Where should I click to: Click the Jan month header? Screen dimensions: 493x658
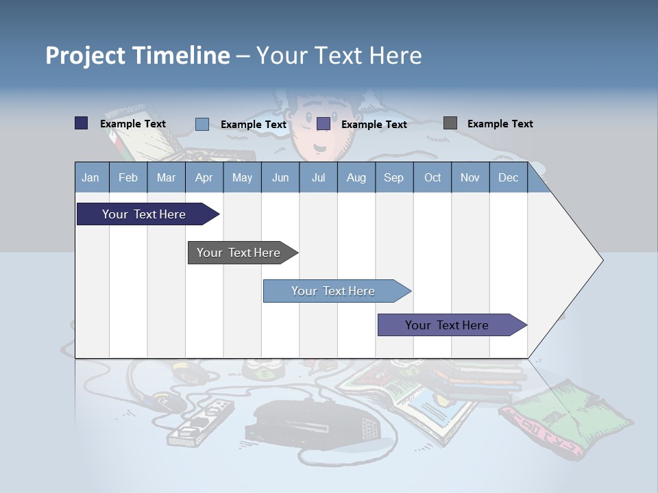[90, 177]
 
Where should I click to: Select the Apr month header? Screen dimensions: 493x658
[204, 177]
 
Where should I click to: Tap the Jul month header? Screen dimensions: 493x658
[318, 177]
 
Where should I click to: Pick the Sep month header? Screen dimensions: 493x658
[393, 177]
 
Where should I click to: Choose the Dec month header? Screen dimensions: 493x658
[508, 177]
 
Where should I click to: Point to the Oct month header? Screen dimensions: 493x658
[432, 177]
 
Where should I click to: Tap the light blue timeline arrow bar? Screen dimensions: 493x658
[334, 291]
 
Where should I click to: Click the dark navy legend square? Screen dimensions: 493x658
[81, 123]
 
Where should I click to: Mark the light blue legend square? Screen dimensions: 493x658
[202, 124]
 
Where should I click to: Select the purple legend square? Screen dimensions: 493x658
[324, 124]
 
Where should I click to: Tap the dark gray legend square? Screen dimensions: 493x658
[450, 123]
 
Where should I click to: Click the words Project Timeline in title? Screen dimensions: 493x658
[137, 55]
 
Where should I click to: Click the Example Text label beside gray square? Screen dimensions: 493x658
[500, 124]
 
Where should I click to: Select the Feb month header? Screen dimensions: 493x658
[128, 177]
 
